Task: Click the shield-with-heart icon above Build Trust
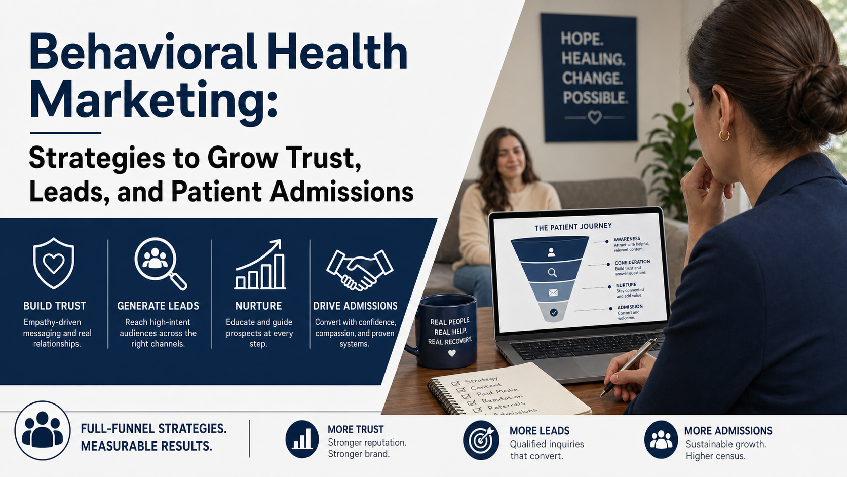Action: [x=54, y=264]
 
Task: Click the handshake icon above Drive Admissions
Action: [x=359, y=269]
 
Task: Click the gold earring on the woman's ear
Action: [x=724, y=135]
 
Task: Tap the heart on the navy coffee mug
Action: [x=452, y=353]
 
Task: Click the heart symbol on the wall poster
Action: [x=594, y=117]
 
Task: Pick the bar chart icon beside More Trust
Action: [x=302, y=439]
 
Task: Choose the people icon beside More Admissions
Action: [x=661, y=440]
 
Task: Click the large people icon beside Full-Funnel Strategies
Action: [x=43, y=431]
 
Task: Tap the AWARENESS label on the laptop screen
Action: [x=627, y=239]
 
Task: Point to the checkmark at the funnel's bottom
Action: [x=554, y=313]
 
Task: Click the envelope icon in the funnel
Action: [x=553, y=292]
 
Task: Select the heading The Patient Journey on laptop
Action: [x=573, y=227]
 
